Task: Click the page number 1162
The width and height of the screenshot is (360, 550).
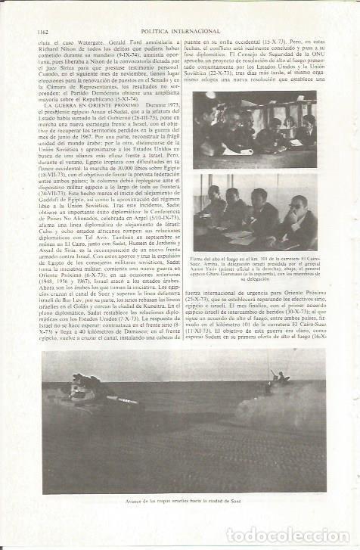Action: [42, 31]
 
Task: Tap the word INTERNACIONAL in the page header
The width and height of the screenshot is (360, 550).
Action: [196, 31]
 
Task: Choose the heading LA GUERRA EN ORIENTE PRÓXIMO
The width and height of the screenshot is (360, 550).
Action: [82, 125]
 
